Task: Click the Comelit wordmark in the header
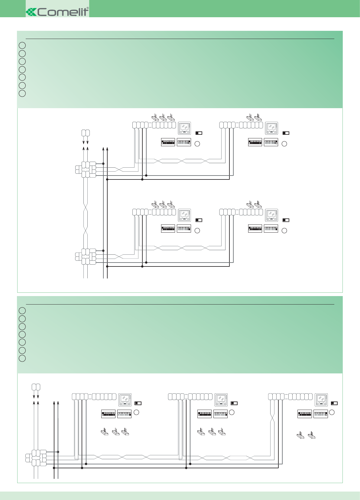point(63,12)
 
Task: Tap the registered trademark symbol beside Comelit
point(88,8)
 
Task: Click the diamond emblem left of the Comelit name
point(31,12)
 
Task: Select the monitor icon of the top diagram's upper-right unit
point(271,128)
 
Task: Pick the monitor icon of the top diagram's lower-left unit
point(184,215)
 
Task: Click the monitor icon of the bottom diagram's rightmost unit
point(321,400)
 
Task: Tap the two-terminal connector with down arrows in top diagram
point(86,133)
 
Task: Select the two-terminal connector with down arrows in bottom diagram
point(36,387)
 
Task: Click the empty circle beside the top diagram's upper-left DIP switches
point(197,144)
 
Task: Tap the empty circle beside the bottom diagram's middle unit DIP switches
point(232,412)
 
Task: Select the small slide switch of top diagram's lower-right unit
point(286,220)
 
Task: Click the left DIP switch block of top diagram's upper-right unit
point(255,142)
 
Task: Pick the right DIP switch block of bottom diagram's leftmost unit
point(124,414)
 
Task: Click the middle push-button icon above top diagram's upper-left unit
point(163,117)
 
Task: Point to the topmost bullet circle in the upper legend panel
point(22,46)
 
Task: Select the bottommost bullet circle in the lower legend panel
point(22,358)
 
